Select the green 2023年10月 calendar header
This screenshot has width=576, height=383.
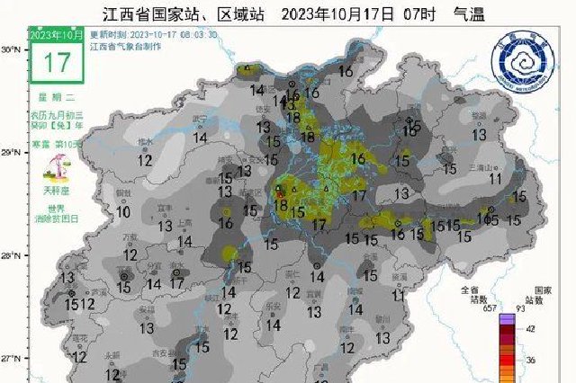click(x=57, y=34)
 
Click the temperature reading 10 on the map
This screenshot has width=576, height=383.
click(x=123, y=212)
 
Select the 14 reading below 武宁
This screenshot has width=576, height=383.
click(x=201, y=138)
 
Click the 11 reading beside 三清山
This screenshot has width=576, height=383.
click(x=494, y=178)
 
